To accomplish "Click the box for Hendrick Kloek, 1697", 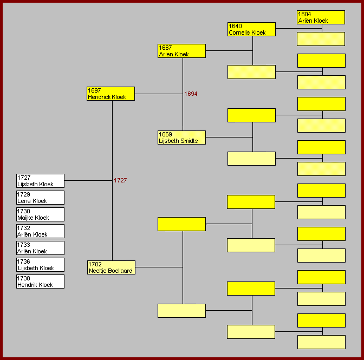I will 110,94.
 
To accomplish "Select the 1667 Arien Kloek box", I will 181,51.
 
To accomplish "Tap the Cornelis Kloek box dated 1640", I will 251,29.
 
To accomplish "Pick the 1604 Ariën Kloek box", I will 321,17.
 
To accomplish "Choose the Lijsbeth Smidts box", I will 181,138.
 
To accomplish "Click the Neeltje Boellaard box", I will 110,267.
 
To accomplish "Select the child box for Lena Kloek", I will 40,198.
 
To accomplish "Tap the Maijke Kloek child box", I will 40,214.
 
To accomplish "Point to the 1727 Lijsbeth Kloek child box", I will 40,181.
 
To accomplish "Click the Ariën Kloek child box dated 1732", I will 40,231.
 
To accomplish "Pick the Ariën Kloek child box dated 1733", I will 40,248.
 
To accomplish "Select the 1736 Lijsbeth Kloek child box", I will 40,265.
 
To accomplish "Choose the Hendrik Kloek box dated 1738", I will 40,282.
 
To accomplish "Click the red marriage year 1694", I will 191,94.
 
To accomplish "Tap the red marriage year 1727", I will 120,181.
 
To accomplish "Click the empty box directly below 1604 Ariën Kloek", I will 321,39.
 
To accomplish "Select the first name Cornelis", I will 240,33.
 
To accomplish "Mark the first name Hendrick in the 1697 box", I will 99,97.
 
